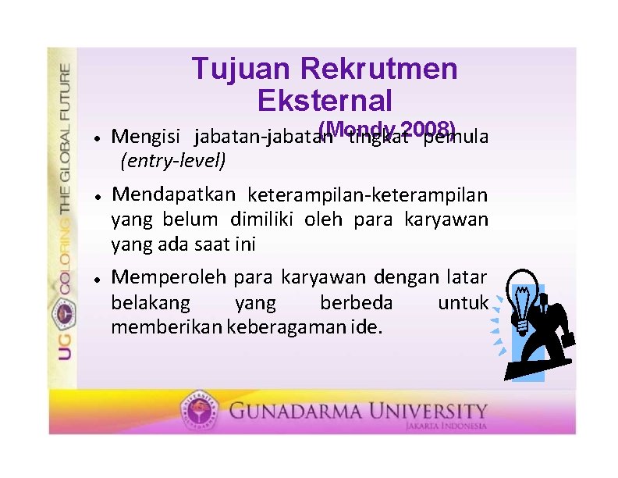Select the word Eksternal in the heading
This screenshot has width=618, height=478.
click(324, 101)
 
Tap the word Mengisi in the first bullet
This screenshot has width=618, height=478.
click(148, 137)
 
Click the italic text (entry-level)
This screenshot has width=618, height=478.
click(172, 161)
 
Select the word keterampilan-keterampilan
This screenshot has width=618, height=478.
click(368, 194)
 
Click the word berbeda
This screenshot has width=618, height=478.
click(356, 302)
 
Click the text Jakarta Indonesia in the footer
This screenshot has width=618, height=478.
click(446, 426)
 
